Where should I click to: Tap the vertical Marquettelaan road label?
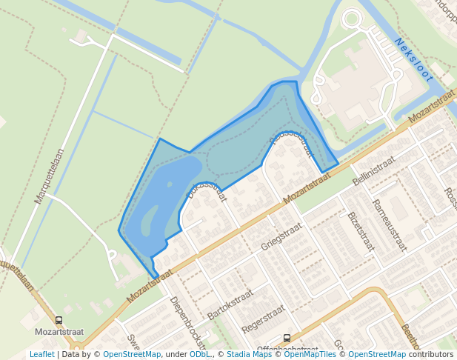(50, 176)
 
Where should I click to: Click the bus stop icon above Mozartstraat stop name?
(59, 321)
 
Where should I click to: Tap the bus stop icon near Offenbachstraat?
(287, 338)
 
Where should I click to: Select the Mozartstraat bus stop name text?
(59, 333)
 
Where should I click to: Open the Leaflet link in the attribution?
(41, 355)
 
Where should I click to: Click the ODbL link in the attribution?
(199, 355)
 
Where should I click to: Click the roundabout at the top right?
(351, 19)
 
